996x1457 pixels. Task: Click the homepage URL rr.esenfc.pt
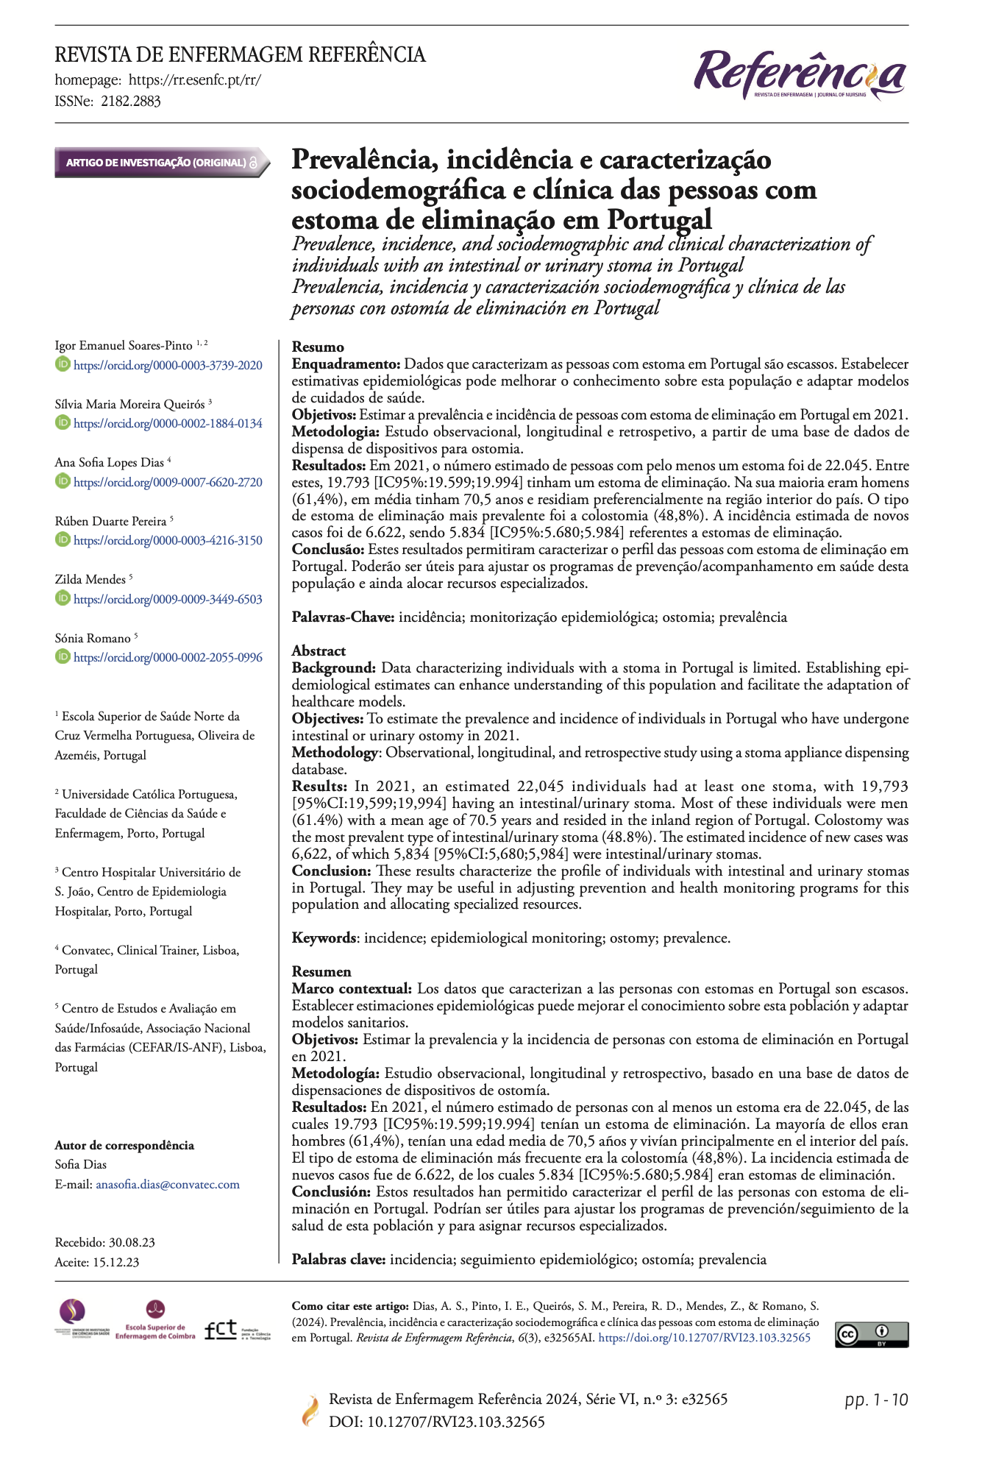(194, 80)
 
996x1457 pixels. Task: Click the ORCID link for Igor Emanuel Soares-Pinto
(168, 365)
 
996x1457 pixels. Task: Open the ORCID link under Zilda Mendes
(168, 599)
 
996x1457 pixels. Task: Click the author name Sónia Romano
(93, 638)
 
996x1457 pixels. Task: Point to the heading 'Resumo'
(318, 347)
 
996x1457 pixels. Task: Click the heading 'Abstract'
(319, 650)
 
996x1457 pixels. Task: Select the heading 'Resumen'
(321, 971)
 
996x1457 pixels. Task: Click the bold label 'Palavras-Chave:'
(344, 617)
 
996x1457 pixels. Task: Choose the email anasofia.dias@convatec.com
(168, 1184)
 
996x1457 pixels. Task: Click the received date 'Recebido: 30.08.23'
(105, 1242)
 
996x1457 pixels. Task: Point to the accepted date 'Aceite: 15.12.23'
(97, 1262)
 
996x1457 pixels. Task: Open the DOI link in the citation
(704, 1338)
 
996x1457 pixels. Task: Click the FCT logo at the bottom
(237, 1330)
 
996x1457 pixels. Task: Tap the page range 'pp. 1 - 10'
(876, 1400)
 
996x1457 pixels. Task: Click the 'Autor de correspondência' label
(124, 1145)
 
